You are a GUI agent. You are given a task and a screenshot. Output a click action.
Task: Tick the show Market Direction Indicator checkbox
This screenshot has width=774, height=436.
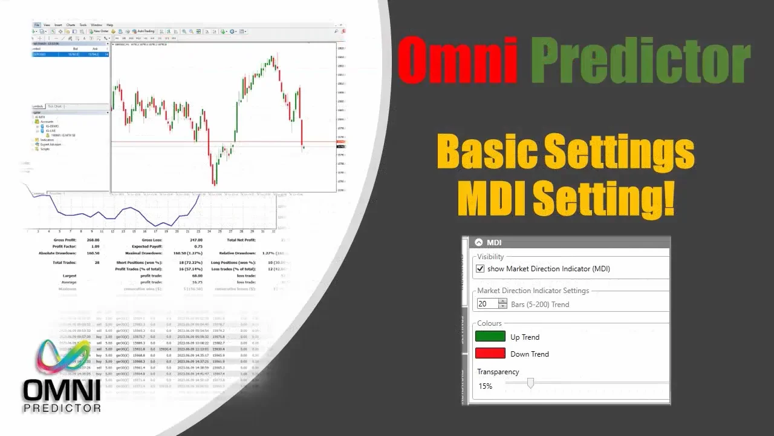pos(481,269)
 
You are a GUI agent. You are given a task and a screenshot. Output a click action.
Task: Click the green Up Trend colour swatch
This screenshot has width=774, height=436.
pos(490,337)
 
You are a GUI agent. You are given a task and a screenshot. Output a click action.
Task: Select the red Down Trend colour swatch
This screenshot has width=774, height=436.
pos(490,354)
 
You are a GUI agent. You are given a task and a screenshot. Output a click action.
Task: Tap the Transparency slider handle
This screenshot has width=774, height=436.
pos(530,383)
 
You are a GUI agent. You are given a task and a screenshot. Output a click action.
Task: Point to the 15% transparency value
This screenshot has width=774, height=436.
pos(485,386)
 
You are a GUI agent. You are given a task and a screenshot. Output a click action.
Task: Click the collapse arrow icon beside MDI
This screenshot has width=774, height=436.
pos(479,242)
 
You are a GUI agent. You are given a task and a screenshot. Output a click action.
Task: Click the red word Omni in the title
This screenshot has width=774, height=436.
pos(458,62)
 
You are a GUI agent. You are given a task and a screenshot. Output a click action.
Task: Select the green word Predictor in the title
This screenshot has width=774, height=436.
pos(643,62)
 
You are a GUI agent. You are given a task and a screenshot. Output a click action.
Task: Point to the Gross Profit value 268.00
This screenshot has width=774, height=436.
pos(93,240)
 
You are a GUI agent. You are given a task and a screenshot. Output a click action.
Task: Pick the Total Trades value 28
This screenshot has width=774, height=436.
pos(97,262)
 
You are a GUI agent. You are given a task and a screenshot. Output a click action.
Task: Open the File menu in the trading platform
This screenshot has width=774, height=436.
pos(37,25)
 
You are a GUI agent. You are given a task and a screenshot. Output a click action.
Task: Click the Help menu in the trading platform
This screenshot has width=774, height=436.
pos(109,25)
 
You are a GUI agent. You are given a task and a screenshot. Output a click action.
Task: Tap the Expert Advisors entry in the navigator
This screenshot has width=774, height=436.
pos(51,145)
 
